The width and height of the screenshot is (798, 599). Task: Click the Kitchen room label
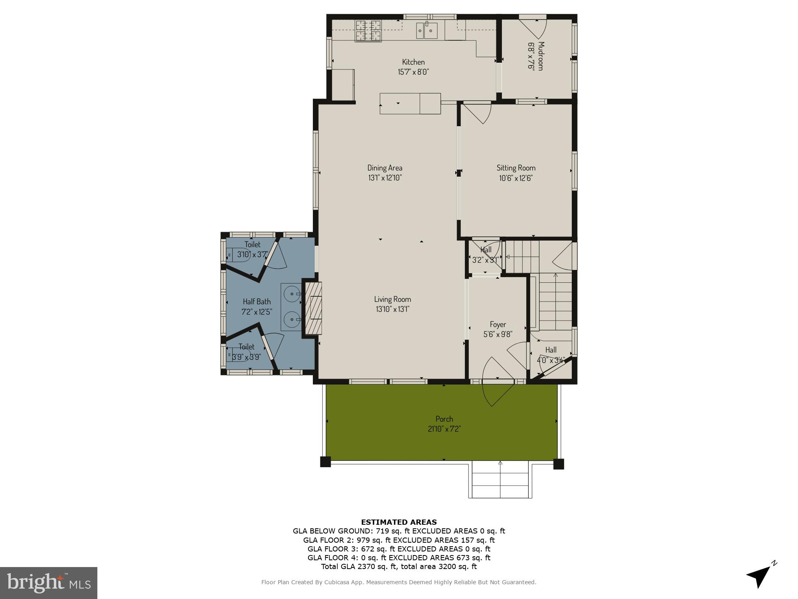[413, 62]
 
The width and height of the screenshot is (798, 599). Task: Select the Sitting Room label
[516, 168]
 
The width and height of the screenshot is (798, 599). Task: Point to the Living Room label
[392, 299]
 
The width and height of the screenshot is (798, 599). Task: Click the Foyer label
[498, 324]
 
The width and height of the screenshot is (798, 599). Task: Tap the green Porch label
[444, 419]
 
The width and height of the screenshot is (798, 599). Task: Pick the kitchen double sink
[427, 30]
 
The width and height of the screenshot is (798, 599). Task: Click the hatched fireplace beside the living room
[313, 308]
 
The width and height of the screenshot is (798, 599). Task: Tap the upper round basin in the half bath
[292, 294]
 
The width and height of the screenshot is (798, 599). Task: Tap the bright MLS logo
[48, 583]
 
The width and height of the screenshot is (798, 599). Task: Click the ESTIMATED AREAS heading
[399, 522]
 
